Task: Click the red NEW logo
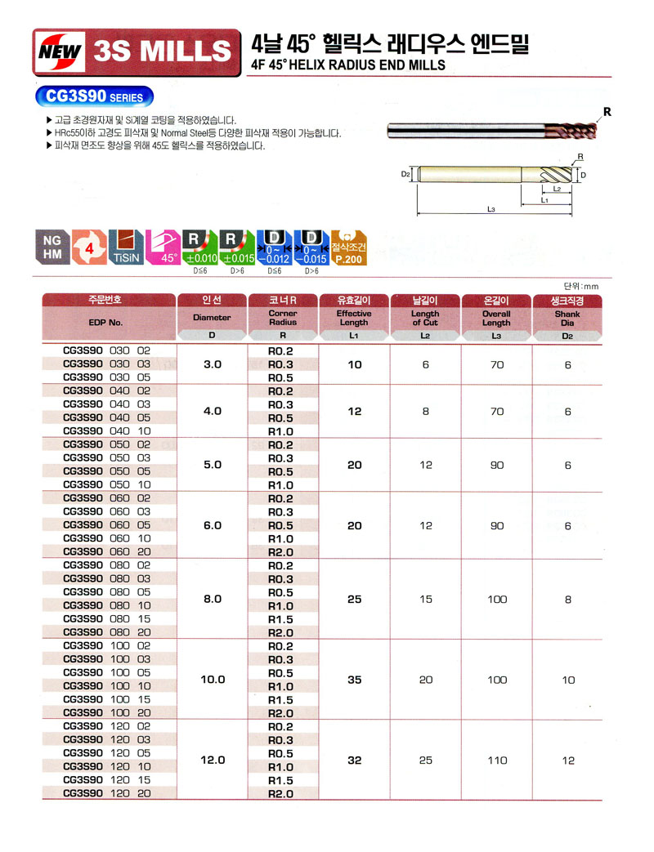(x=62, y=51)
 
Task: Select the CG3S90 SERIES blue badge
(x=95, y=96)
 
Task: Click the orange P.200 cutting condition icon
(x=349, y=245)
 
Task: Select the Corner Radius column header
(x=282, y=318)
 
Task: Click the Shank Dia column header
(x=567, y=318)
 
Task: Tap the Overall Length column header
(x=496, y=318)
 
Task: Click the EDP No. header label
(x=105, y=322)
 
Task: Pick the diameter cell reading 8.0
(x=213, y=599)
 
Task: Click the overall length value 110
(x=496, y=760)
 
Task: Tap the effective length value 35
(x=354, y=679)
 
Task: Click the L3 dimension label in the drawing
(x=490, y=210)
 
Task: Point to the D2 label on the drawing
(x=405, y=174)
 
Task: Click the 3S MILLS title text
(x=163, y=51)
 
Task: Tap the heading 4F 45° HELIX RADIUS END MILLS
(x=348, y=65)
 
